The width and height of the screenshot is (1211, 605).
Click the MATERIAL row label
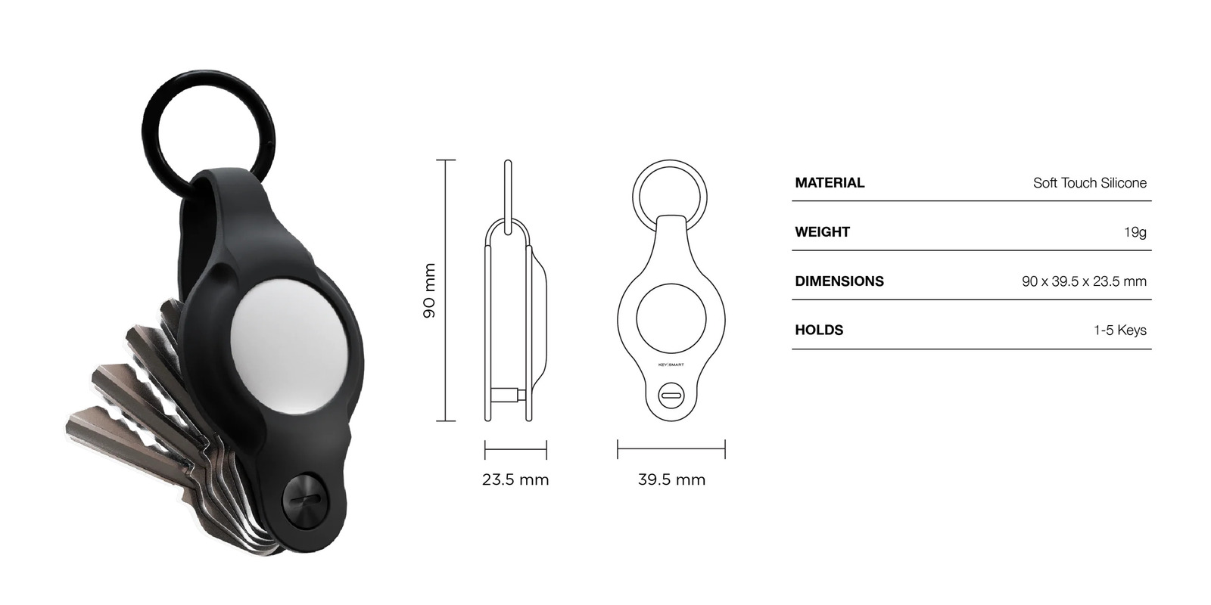click(x=830, y=183)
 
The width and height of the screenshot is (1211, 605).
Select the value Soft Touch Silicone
click(x=1089, y=183)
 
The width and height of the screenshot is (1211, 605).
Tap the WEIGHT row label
click(x=822, y=232)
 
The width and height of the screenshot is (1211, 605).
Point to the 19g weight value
click(x=1135, y=232)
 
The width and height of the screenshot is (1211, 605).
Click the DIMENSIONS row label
click(x=839, y=281)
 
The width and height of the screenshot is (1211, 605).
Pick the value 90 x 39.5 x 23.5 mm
click(x=1084, y=281)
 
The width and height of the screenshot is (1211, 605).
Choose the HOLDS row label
click(x=819, y=330)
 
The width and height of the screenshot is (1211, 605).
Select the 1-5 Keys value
click(x=1119, y=330)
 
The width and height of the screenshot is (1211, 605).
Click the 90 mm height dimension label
click(x=429, y=290)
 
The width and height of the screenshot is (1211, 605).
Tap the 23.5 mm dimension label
click(x=515, y=479)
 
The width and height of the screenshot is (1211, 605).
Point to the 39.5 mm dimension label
click(x=671, y=479)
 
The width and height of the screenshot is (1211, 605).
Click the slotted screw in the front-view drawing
click(x=671, y=394)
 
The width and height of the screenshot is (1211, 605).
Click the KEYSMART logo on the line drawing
click(x=671, y=364)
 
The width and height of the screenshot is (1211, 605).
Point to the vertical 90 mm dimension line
click(x=445, y=290)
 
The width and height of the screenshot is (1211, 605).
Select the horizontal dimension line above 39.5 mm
click(x=671, y=449)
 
